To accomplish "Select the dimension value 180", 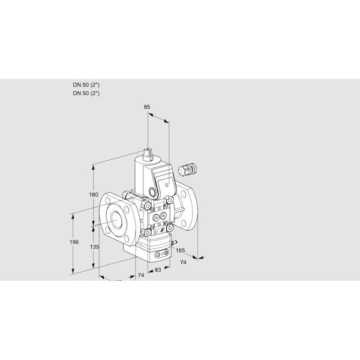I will [92, 194].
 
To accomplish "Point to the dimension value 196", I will [73, 242].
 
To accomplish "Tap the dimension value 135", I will [93, 246].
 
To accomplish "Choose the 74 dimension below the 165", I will [183, 263].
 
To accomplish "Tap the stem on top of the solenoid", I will [148, 150].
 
